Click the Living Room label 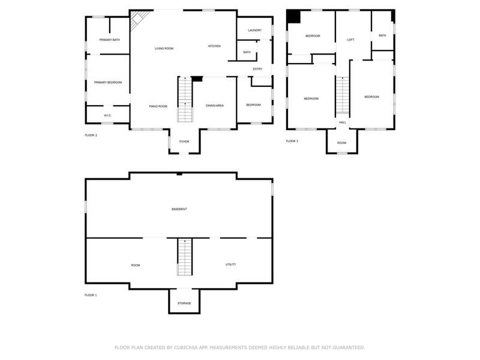164,49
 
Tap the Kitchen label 214,46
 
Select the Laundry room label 254,31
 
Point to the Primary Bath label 110,40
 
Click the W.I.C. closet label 107,115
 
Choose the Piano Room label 158,106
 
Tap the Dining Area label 215,106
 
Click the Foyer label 184,142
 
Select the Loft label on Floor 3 351,40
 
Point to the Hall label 342,122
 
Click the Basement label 179,209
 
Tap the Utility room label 231,265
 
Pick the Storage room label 184,304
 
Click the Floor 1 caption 91,295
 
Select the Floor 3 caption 292,141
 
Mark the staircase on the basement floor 185,257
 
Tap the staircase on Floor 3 342,95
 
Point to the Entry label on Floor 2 257,69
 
